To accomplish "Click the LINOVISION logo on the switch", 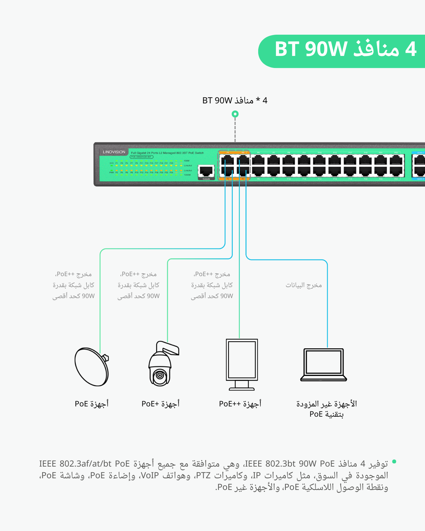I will [114, 152].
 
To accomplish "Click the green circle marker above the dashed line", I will [235, 114].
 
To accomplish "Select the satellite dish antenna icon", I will [91, 367].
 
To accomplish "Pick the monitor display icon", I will [242, 364].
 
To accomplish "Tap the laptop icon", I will [323, 365].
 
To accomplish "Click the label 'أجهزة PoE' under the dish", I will [92, 404].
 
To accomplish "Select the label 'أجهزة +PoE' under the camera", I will [160, 404].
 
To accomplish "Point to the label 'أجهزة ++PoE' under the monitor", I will [240, 404].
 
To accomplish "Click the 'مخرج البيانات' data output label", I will [304, 285].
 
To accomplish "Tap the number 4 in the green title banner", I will [410, 49].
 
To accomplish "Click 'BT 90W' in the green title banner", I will [311, 49].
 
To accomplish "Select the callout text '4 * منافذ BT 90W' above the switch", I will [234, 101].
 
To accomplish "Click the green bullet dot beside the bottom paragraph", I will [394, 462].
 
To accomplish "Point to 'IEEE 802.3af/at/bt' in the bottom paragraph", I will [75, 464].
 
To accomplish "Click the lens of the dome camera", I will [160, 375].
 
